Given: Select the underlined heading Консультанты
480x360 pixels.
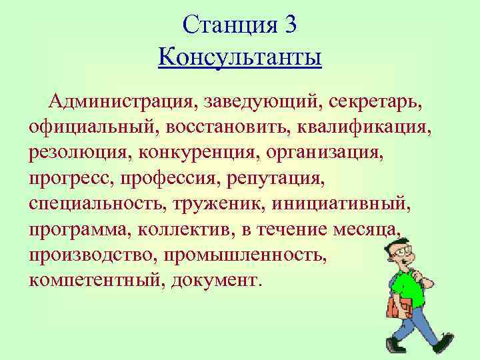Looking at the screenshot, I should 240,57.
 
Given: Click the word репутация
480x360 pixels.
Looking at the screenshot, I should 275,178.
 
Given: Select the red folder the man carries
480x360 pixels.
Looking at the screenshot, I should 398,308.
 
